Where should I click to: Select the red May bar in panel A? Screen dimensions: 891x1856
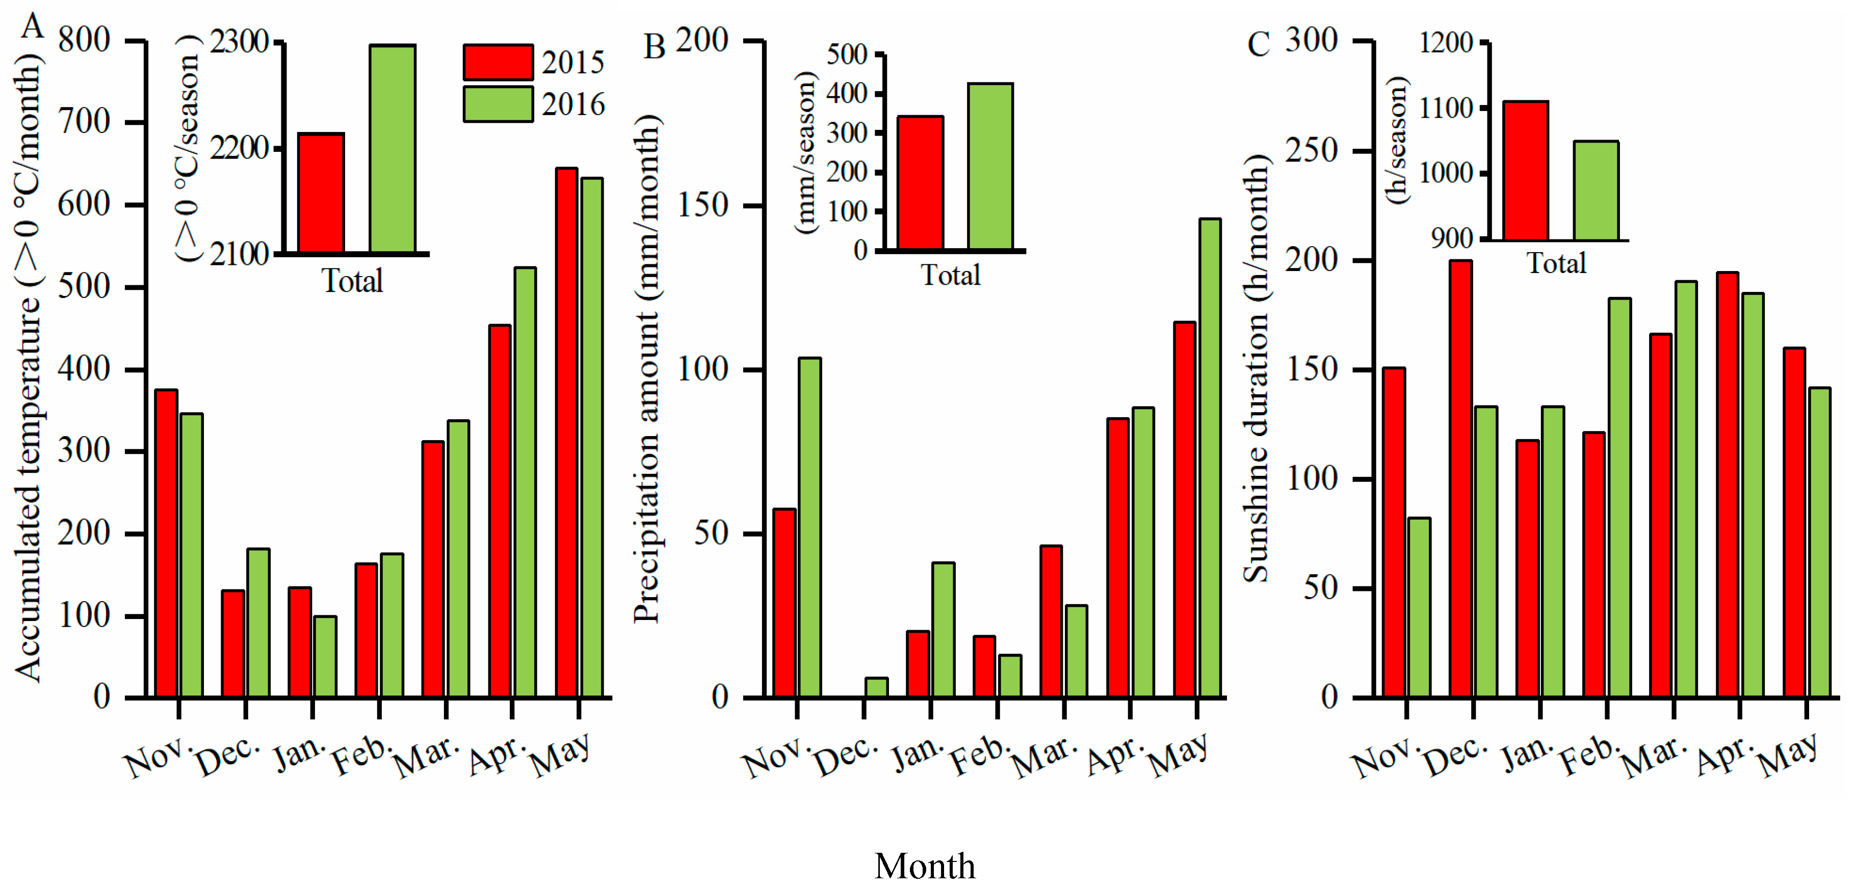[x=566, y=432]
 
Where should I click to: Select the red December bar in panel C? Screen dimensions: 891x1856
[x=1460, y=478]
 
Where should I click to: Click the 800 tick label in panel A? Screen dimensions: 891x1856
[x=84, y=40]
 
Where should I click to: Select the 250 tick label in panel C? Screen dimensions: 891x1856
[x=1311, y=151]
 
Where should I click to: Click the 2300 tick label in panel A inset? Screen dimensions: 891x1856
[x=239, y=42]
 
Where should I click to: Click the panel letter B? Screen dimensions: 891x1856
[x=653, y=47]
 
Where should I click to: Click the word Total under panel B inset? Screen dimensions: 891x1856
[x=950, y=275]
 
